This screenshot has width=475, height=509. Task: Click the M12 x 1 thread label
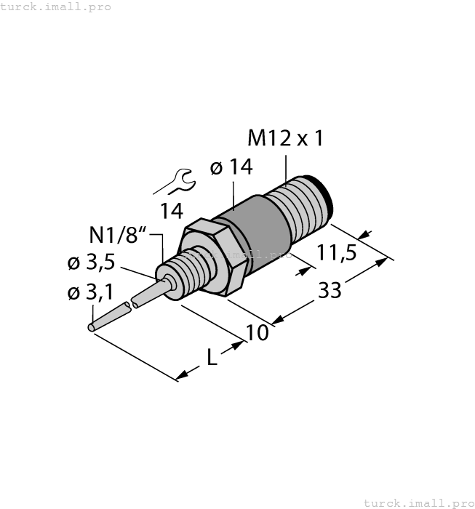click(285, 138)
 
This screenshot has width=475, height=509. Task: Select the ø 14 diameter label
click(231, 167)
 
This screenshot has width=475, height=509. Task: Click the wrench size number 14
click(172, 212)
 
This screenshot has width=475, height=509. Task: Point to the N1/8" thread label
click(118, 236)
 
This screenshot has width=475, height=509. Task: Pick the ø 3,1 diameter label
click(90, 293)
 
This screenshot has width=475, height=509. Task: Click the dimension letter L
click(211, 357)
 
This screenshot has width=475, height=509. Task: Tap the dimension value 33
click(330, 291)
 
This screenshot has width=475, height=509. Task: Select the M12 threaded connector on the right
click(298, 207)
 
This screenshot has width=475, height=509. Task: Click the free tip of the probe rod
click(92, 328)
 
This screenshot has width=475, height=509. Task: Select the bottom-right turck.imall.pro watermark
click(418, 502)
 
